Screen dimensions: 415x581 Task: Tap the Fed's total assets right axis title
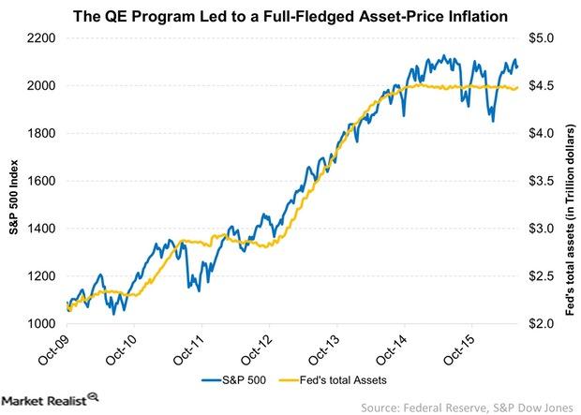(570, 181)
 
